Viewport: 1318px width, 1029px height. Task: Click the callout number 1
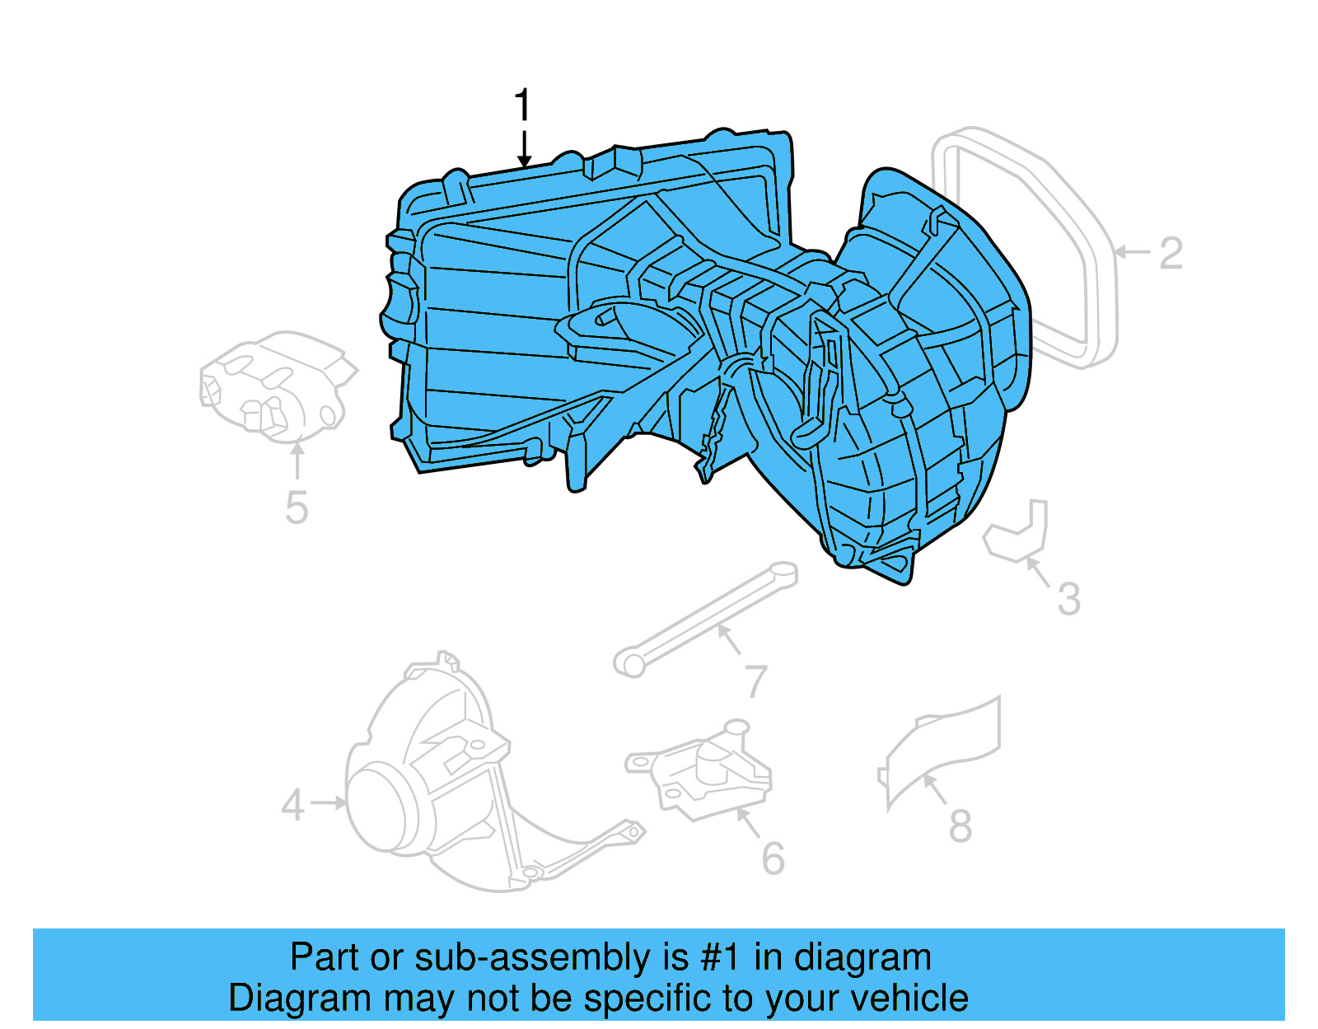(x=523, y=106)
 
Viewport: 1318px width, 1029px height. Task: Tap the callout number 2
(x=1171, y=253)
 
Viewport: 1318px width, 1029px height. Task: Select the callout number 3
(x=1068, y=599)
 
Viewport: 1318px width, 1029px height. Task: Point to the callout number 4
(x=292, y=805)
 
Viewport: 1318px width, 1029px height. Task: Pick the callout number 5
(x=297, y=507)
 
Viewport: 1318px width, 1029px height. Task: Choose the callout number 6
(x=773, y=859)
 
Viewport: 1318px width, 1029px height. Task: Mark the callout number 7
(x=755, y=681)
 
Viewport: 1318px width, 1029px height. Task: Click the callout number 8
(x=960, y=826)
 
